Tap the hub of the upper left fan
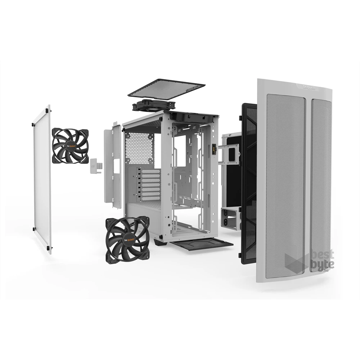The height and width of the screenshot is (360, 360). (x=70, y=146)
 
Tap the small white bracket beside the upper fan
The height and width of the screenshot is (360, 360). (x=96, y=166)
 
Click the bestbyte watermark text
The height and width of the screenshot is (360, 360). (x=321, y=260)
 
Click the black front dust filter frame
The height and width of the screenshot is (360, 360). (x=248, y=184)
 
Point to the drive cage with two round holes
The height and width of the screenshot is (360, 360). (x=230, y=218)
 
